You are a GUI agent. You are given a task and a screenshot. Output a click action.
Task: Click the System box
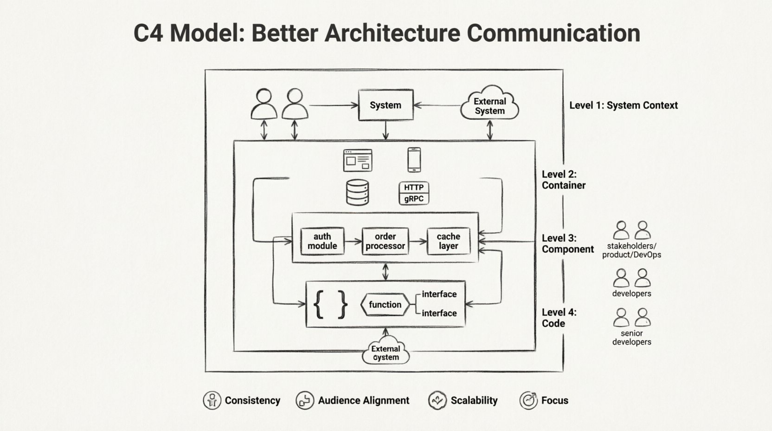pos(386,105)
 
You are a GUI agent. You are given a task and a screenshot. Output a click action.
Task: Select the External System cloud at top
pos(489,104)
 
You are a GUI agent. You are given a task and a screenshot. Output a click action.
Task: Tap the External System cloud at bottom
pos(386,352)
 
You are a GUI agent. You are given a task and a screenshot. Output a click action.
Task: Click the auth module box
pos(322,241)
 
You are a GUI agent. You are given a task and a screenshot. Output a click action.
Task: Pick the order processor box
pos(385,241)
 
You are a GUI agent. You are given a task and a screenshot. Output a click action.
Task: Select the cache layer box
pos(448,241)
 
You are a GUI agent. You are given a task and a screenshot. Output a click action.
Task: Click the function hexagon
pos(385,305)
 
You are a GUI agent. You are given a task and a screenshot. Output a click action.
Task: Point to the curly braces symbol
pos(330,305)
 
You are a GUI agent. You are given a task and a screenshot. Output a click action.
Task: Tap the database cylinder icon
pos(358,192)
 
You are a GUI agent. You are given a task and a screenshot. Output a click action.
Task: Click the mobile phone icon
pos(414,160)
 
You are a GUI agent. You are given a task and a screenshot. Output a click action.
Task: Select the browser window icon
pos(358,160)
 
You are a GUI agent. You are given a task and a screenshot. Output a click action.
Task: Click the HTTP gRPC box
pos(414,193)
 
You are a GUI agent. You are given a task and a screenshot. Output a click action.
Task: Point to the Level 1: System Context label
pos(623,105)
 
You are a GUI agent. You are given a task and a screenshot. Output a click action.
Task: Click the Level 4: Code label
pos(559,318)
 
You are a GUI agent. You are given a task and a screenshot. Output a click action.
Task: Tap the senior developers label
pos(631,338)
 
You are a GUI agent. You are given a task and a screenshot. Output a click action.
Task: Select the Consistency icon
pos(212,400)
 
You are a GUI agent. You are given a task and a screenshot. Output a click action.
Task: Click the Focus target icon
pos(528,400)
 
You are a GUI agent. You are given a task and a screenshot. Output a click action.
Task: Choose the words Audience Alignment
pos(363,400)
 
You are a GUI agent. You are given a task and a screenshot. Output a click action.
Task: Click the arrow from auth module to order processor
pos(354,242)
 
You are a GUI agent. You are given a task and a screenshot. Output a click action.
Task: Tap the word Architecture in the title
pos(392,33)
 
